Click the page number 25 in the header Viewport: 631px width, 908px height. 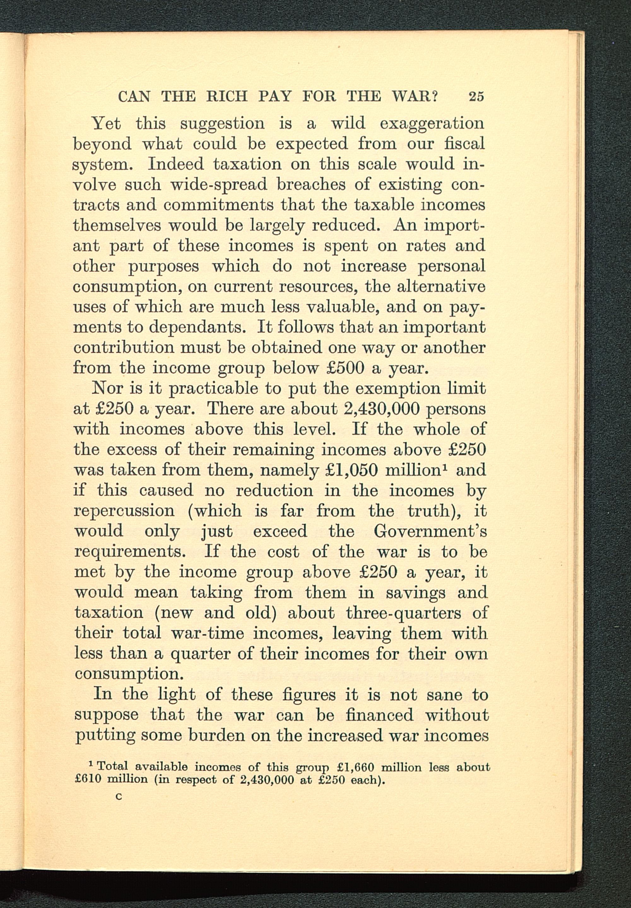coord(476,97)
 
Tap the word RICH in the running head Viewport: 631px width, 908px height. coord(227,97)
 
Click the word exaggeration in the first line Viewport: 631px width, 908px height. coord(432,124)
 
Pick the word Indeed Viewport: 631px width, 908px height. coord(175,164)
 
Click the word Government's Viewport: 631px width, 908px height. coord(430,531)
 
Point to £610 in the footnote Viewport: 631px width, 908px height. coord(89,780)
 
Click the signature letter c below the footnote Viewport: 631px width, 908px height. coord(118,797)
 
